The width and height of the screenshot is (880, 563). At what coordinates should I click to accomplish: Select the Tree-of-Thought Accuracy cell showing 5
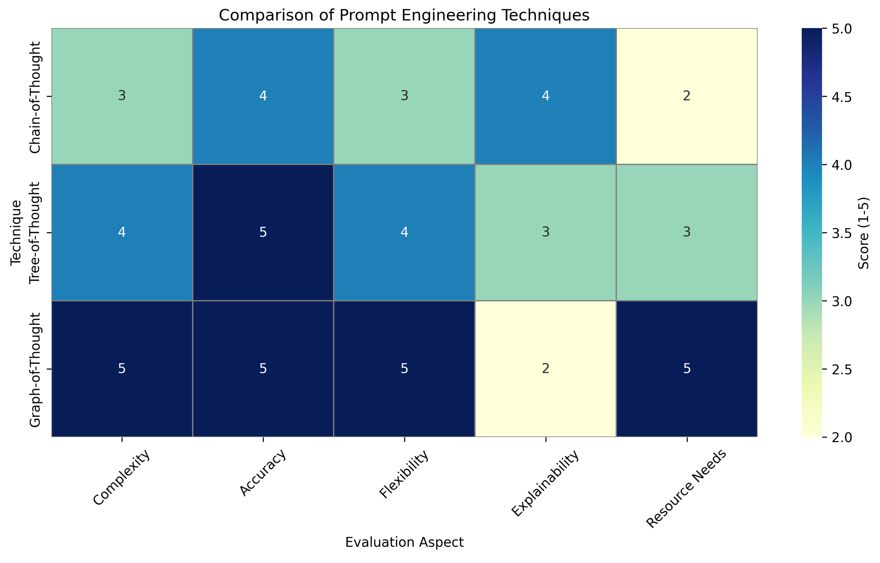pyautogui.click(x=263, y=232)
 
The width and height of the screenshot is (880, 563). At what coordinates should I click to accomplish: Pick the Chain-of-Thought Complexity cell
pyautogui.click(x=122, y=96)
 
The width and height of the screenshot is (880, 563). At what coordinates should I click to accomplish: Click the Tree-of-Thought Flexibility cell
pyautogui.click(x=404, y=232)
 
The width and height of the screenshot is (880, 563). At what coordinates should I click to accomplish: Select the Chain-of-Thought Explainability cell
pyautogui.click(x=545, y=96)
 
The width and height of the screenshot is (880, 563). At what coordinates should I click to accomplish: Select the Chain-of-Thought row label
pyautogui.click(x=35, y=97)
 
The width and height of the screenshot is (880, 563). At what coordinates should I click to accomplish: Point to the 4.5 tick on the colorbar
pyautogui.click(x=841, y=97)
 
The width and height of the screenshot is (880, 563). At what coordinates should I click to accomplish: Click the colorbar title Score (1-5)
pyautogui.click(x=863, y=233)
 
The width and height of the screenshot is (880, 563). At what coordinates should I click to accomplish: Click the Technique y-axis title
pyautogui.click(x=16, y=233)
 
